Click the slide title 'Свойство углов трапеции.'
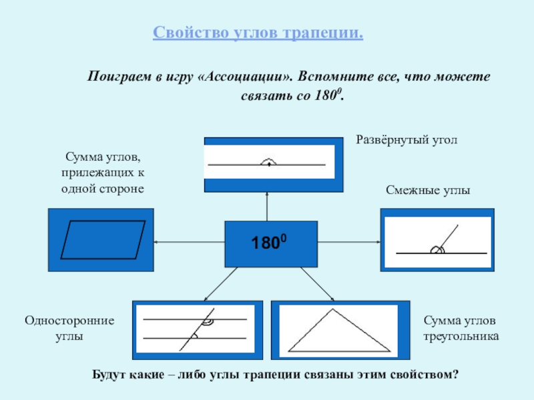[258, 33]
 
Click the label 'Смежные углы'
[428, 190]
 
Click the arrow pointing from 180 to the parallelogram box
[189, 243]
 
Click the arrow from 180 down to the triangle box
[317, 284]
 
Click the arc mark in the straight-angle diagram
[268, 161]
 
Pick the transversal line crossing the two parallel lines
[197, 329]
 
